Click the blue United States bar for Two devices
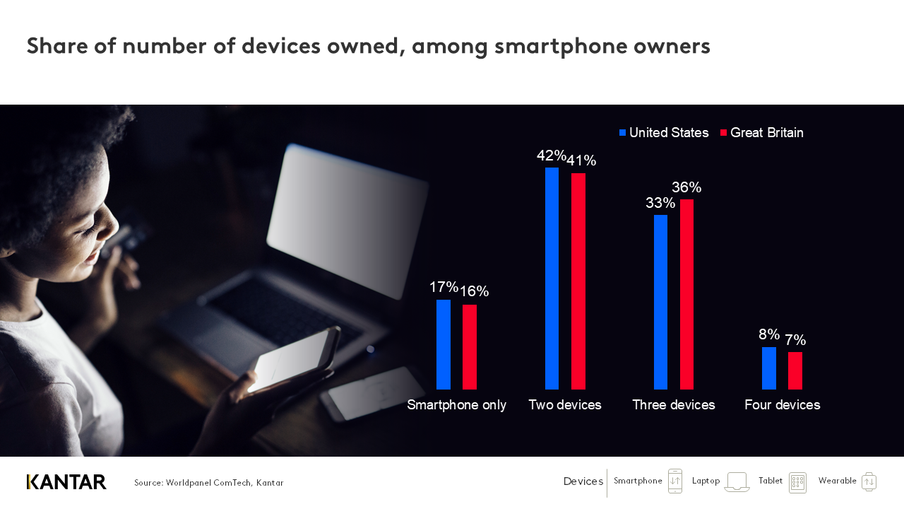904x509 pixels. [552, 279]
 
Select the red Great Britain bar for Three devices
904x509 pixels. [686, 294]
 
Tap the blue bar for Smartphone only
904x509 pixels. [444, 344]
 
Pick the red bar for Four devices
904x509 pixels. [795, 370]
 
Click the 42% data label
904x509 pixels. [552, 156]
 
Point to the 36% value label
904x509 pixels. [686, 187]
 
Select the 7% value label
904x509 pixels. [795, 340]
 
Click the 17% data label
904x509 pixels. [444, 287]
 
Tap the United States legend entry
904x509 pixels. [664, 133]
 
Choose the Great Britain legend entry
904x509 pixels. [762, 133]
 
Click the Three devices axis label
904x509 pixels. [674, 405]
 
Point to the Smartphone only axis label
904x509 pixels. [457, 405]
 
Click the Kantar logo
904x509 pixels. [66, 482]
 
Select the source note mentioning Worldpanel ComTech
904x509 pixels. [209, 483]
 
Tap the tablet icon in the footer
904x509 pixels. [797, 482]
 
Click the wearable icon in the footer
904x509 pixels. [869, 481]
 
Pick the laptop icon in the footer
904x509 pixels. [737, 482]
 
